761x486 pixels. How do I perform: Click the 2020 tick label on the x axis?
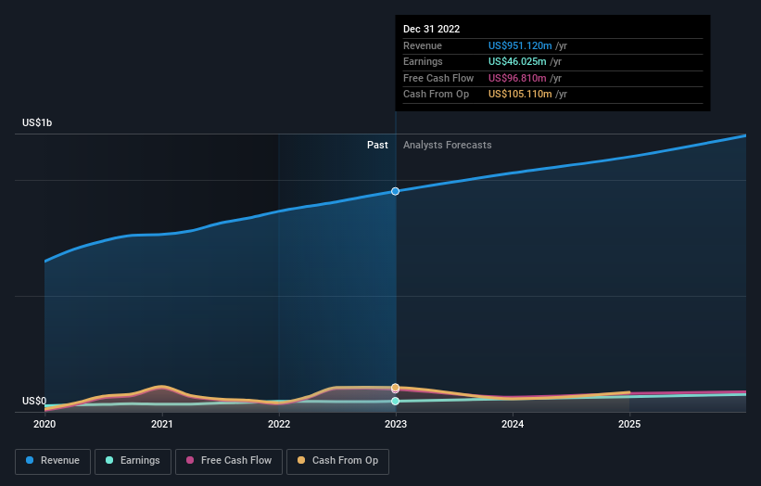pyautogui.click(x=44, y=425)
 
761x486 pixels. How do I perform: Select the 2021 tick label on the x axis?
pyautogui.click(x=162, y=425)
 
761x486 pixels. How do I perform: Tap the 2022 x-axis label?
pyautogui.click(x=279, y=425)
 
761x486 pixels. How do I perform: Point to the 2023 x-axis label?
pyautogui.click(x=396, y=425)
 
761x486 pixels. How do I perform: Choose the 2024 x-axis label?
pyautogui.click(x=513, y=425)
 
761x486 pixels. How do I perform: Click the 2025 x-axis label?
pyautogui.click(x=629, y=425)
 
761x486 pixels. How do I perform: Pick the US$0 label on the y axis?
pyautogui.click(x=34, y=401)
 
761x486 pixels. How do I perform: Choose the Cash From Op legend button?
pyautogui.click(x=337, y=460)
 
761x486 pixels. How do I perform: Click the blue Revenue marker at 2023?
pyautogui.click(x=396, y=191)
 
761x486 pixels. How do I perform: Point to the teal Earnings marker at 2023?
pyautogui.click(x=396, y=401)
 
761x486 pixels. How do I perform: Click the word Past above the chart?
pyautogui.click(x=377, y=145)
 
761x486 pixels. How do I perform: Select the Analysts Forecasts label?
pyautogui.click(x=447, y=145)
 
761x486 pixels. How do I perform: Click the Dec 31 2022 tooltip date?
pyautogui.click(x=431, y=30)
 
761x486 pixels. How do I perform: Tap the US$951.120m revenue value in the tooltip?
pyautogui.click(x=520, y=45)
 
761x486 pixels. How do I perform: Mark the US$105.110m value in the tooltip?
pyautogui.click(x=520, y=94)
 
